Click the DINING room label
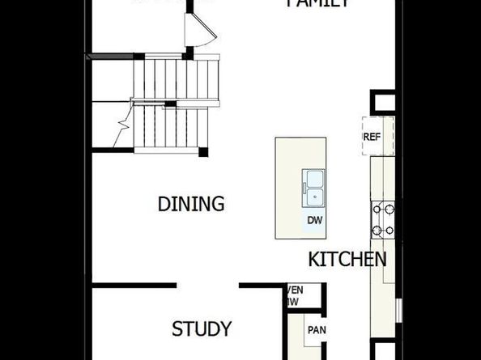point(191,204)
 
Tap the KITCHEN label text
point(347,260)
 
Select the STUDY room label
point(202,329)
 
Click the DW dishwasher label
point(314,220)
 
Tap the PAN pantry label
point(315,330)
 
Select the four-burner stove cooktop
point(383,219)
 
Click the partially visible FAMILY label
point(318,4)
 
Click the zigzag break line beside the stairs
point(123,125)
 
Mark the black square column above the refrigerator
point(382,103)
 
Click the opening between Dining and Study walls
point(207,285)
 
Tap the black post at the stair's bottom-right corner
point(203,151)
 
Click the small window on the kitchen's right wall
point(398,310)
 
